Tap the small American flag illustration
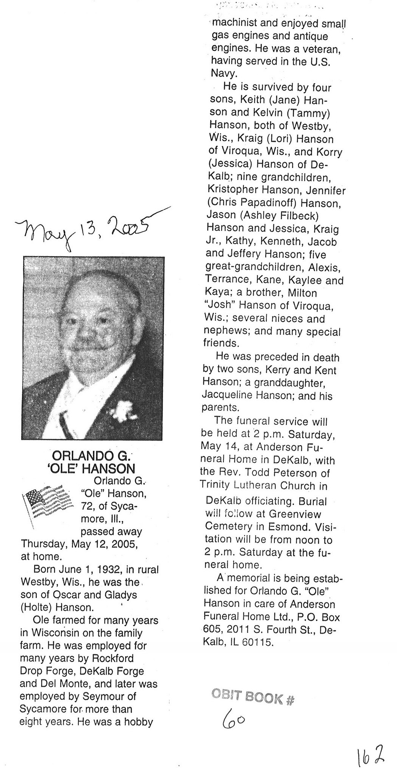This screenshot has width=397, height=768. pos(48,501)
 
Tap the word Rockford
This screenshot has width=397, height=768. pos(111,658)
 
